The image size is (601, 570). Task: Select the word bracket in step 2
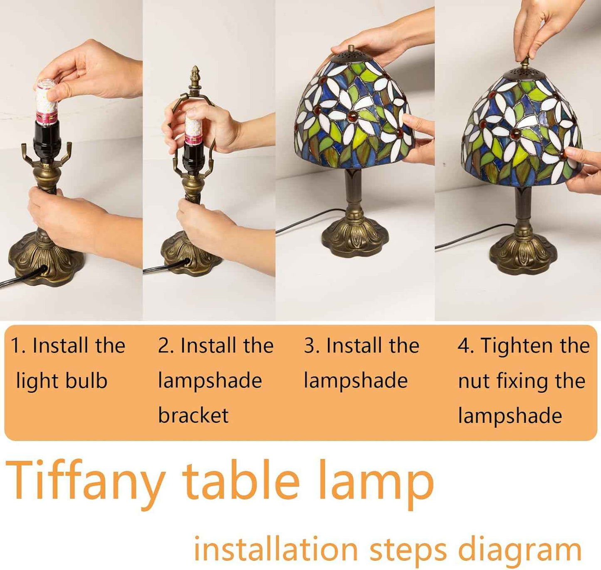point(193,415)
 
